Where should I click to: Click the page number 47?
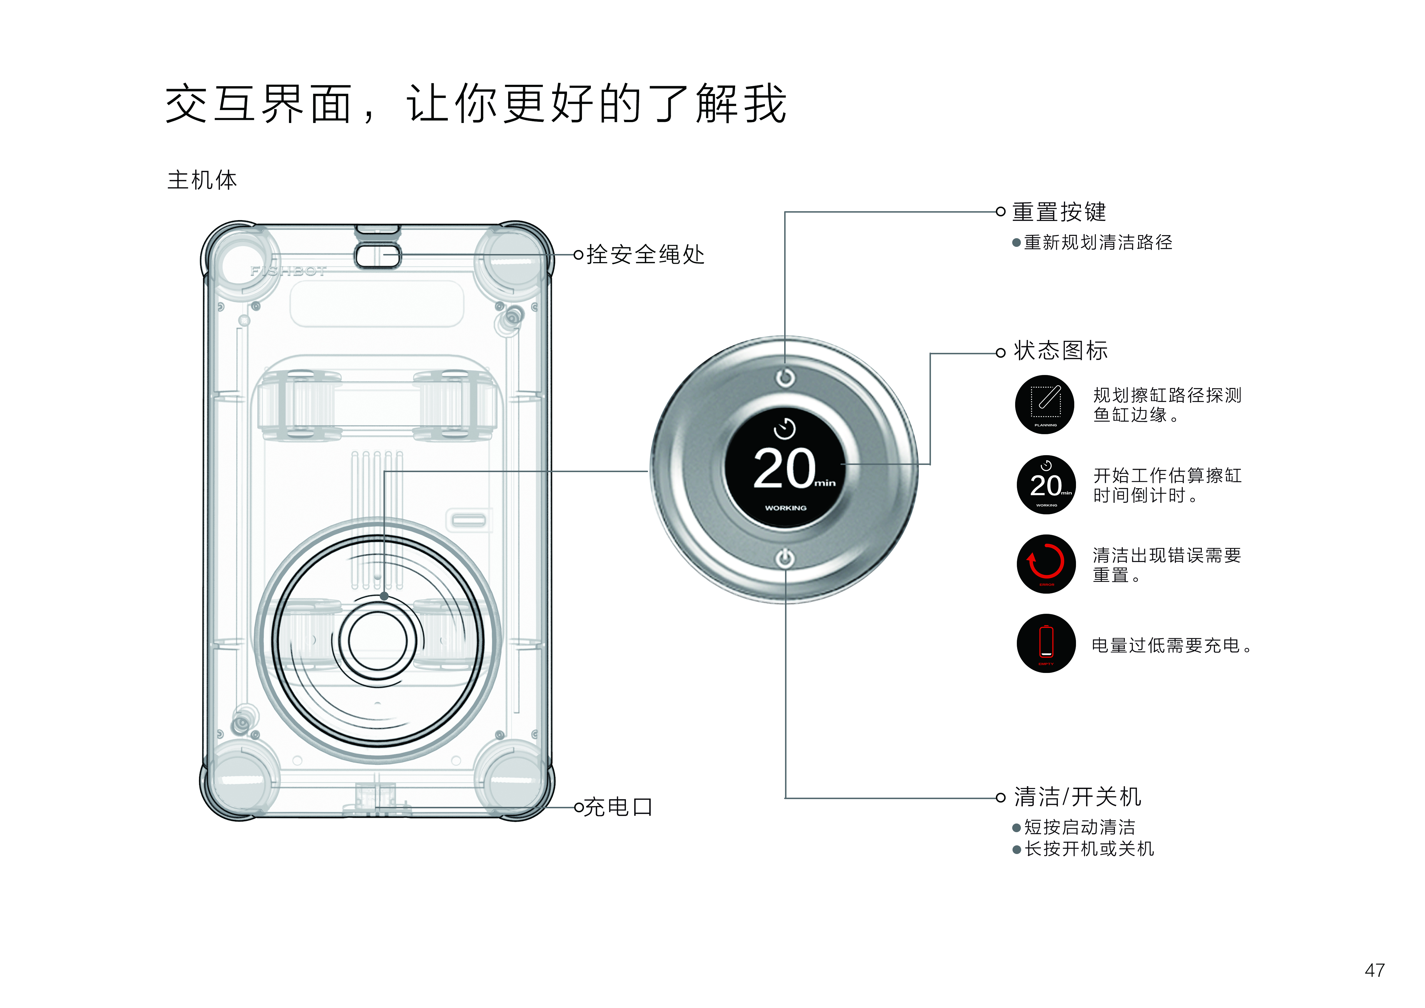1375,970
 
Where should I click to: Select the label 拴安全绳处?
645,255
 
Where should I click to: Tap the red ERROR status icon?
1046,563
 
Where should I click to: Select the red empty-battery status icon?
1046,643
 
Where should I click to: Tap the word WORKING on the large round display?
786,508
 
